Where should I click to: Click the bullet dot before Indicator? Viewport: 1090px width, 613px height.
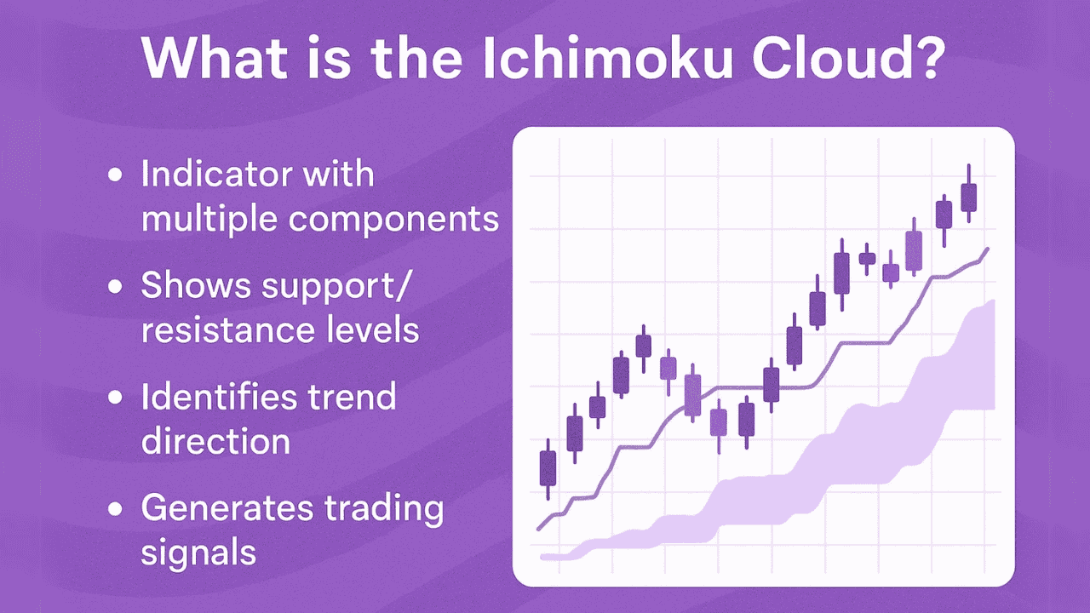tap(116, 177)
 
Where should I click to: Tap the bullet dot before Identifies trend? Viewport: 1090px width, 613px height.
tap(116, 398)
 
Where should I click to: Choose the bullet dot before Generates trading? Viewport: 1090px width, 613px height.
tap(116, 510)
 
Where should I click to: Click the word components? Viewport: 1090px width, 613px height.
tap(393, 220)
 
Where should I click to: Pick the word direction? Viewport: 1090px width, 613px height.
tap(215, 441)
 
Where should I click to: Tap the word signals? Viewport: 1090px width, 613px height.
tap(198, 553)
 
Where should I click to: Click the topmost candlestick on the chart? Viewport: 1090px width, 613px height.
tap(968, 196)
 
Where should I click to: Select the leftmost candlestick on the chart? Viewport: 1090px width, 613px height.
tap(548, 467)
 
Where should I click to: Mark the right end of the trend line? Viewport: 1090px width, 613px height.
tap(988, 249)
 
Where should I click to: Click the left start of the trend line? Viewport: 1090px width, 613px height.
tap(538, 529)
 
